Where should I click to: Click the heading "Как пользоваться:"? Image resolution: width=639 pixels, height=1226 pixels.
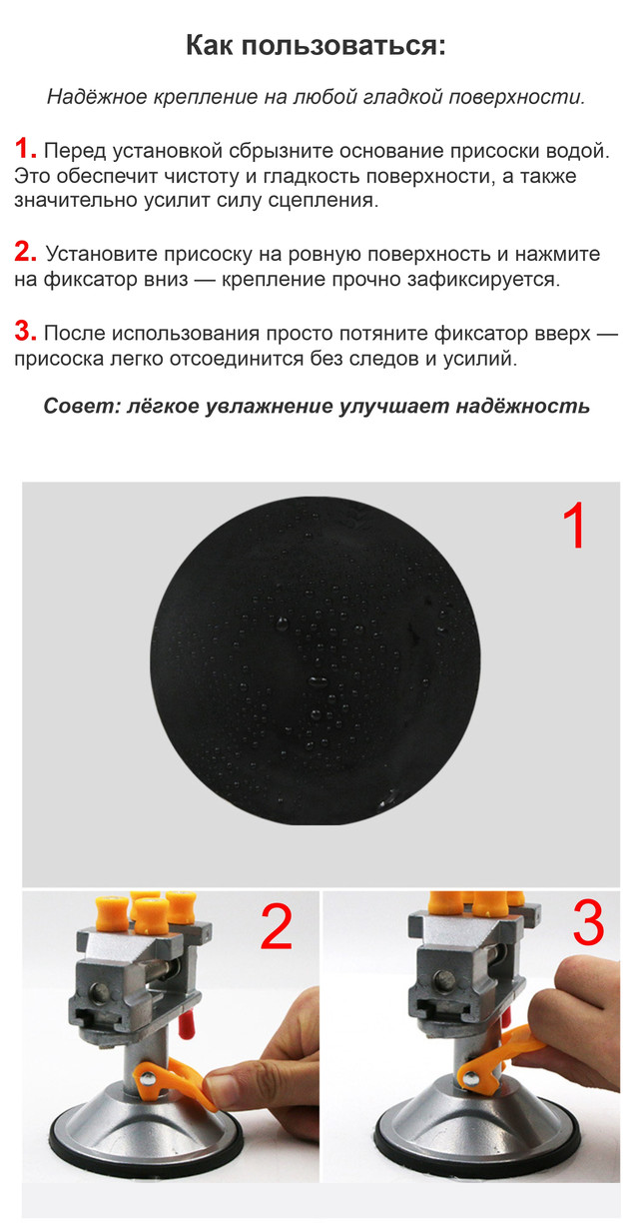tap(316, 45)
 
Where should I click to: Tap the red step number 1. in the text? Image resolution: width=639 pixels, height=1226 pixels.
tap(25, 149)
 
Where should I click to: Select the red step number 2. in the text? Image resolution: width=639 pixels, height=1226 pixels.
tap(25, 252)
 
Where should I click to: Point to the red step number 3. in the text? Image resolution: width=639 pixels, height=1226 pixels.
tap(25, 331)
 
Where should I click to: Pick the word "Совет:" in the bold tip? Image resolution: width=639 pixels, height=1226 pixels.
tap(82, 406)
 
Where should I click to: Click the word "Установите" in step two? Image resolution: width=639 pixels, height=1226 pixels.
tap(102, 255)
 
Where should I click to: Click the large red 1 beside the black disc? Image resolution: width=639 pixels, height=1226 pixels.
tap(574, 526)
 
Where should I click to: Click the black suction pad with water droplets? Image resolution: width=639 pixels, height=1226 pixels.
tap(316, 660)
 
